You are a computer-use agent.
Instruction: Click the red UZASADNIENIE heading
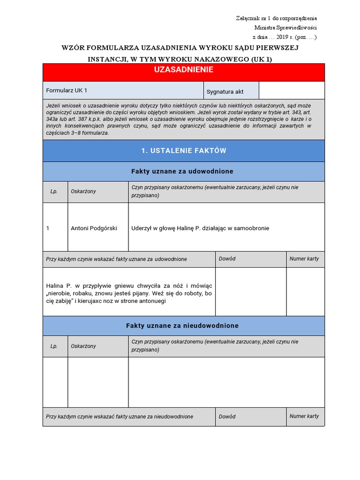183,70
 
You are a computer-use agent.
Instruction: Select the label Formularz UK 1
67,90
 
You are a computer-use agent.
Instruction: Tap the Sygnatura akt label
225,92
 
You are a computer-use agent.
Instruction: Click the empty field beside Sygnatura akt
291,90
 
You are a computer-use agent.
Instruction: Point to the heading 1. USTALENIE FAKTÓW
183,150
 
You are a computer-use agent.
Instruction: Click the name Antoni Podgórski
94,228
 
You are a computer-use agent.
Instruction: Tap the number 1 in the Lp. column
48,228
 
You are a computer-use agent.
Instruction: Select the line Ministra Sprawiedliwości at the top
285,28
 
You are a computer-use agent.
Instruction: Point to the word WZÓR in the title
73,48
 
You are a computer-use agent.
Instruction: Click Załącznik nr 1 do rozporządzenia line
276,18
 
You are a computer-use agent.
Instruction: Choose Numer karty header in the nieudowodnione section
304,416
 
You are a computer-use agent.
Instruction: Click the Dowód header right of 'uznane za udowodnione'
227,259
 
